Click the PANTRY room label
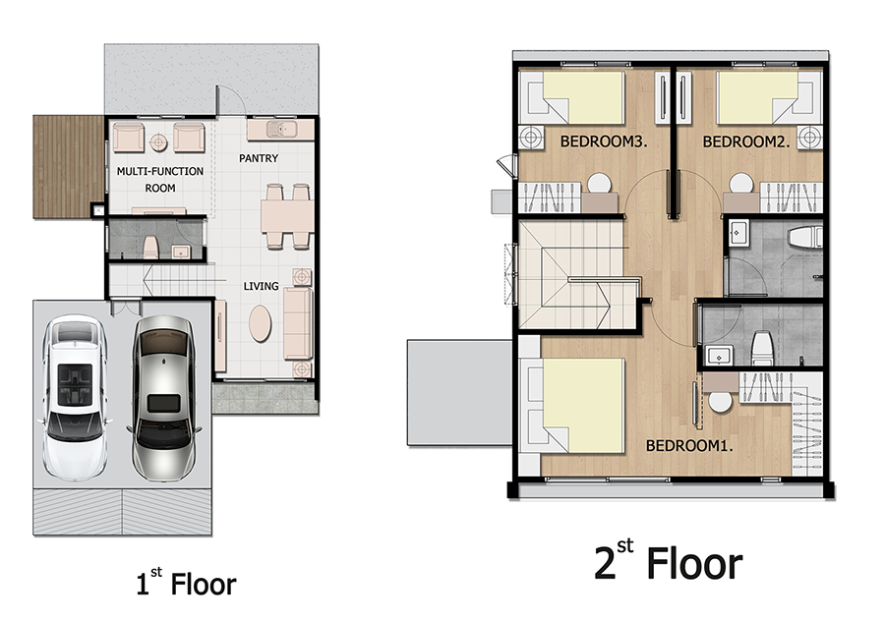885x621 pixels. pyautogui.click(x=259, y=158)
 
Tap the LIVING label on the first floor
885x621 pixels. pyautogui.click(x=261, y=287)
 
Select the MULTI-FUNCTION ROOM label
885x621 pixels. pyautogui.click(x=160, y=180)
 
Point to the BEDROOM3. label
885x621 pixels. pyautogui.click(x=604, y=141)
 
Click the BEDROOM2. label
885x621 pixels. pyautogui.click(x=746, y=141)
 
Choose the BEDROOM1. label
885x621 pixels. pyautogui.click(x=689, y=445)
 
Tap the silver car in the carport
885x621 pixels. pyautogui.click(x=163, y=398)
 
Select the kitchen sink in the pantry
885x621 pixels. pyautogui.click(x=281, y=129)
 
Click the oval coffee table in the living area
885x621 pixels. pyautogui.click(x=261, y=323)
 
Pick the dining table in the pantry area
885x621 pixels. pyautogui.click(x=287, y=216)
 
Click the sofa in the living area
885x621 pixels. pyautogui.click(x=299, y=323)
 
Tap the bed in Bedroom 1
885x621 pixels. pyautogui.click(x=576, y=406)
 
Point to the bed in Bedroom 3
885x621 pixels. pyautogui.click(x=576, y=97)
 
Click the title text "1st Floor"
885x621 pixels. pyautogui.click(x=186, y=583)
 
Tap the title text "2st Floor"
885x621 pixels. pyautogui.click(x=669, y=561)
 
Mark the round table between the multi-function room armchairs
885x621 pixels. pyautogui.click(x=158, y=141)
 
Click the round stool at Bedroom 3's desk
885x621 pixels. pyautogui.click(x=599, y=184)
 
